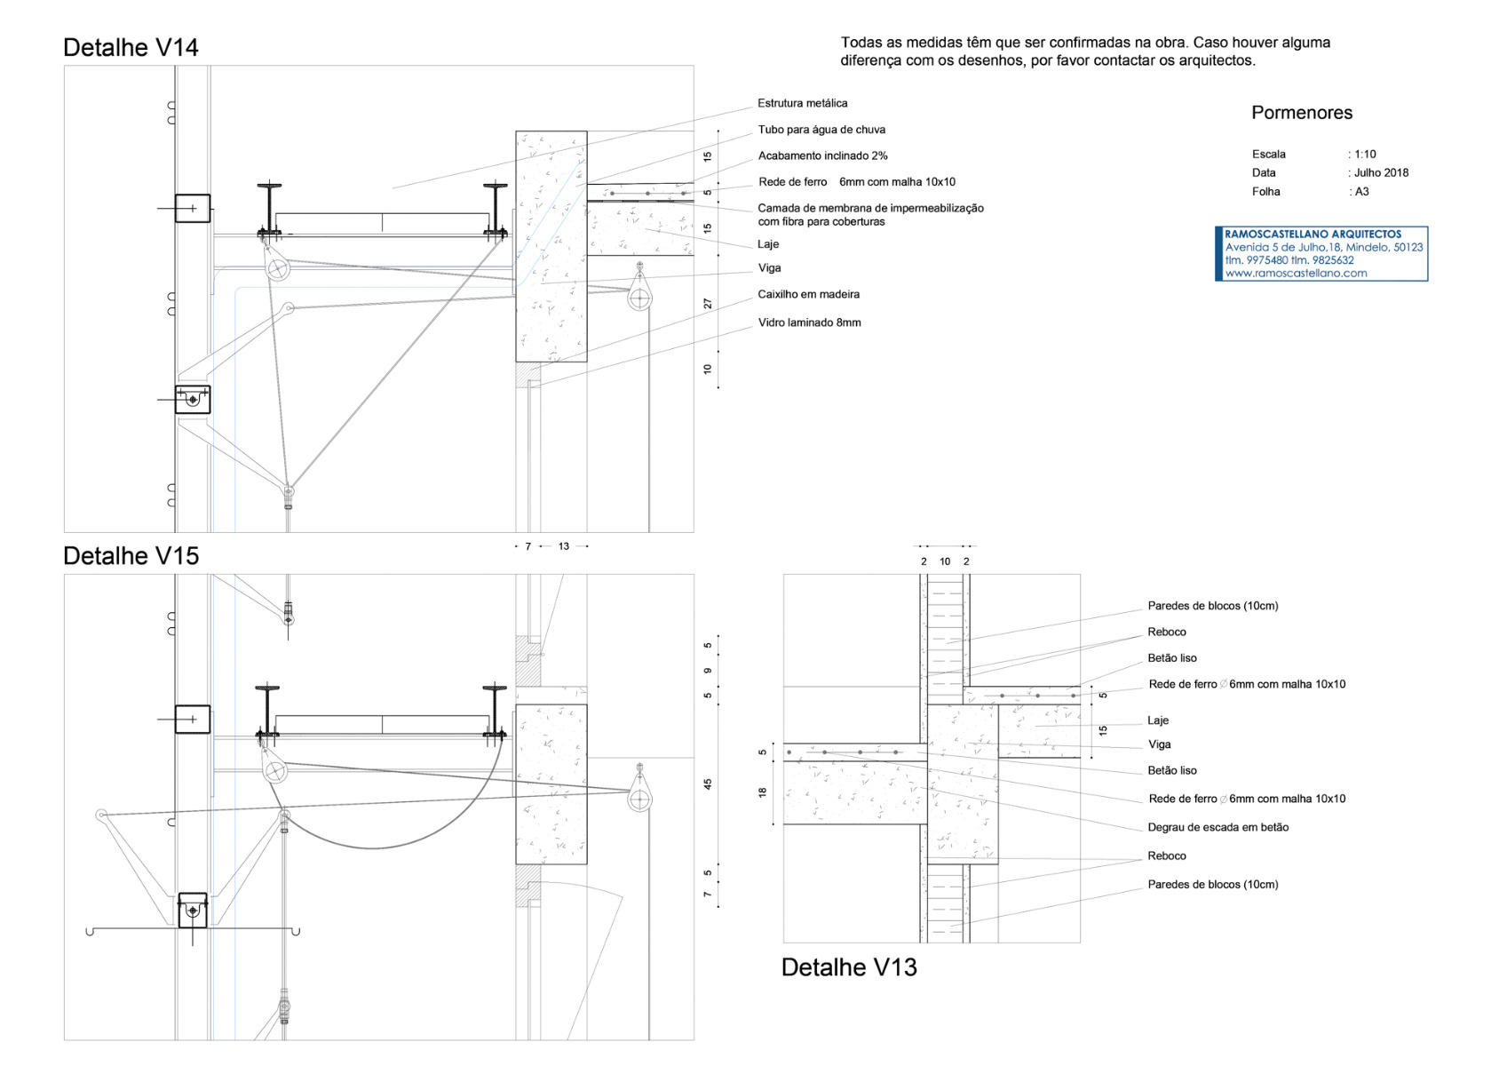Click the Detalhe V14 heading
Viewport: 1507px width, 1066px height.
131,48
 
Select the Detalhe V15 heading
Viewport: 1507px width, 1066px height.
131,556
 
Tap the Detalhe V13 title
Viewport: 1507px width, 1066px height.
848,967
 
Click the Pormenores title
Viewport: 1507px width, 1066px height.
1301,113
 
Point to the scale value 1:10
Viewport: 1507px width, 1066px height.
1365,155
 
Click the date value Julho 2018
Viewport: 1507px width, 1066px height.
1381,173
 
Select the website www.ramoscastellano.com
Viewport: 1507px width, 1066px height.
1296,274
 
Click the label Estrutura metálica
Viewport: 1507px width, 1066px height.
802,104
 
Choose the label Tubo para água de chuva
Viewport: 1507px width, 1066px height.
821,130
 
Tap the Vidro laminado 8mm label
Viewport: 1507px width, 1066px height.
809,323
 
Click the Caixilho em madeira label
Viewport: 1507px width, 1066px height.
808,295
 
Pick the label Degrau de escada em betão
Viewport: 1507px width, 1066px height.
1217,828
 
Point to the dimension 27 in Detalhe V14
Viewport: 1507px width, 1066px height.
708,304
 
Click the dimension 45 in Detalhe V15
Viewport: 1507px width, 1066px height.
708,784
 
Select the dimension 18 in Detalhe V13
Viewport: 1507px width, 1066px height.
762,792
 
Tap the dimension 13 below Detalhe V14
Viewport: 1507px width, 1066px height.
563,547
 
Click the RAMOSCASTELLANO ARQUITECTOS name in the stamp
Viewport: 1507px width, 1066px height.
1313,235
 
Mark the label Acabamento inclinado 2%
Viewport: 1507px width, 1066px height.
822,156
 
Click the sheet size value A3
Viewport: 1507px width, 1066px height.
1361,192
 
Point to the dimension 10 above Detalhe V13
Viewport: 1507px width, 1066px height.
945,562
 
